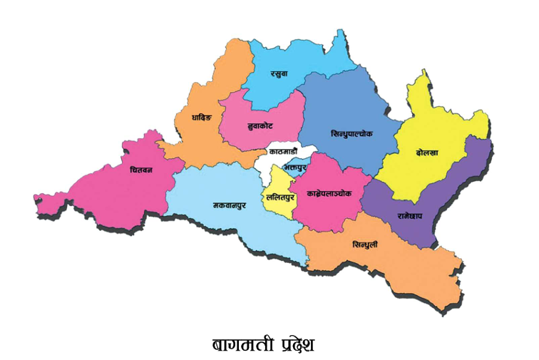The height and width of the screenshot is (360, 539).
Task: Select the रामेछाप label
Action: tap(401, 214)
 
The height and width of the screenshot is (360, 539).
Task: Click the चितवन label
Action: tap(140, 171)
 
